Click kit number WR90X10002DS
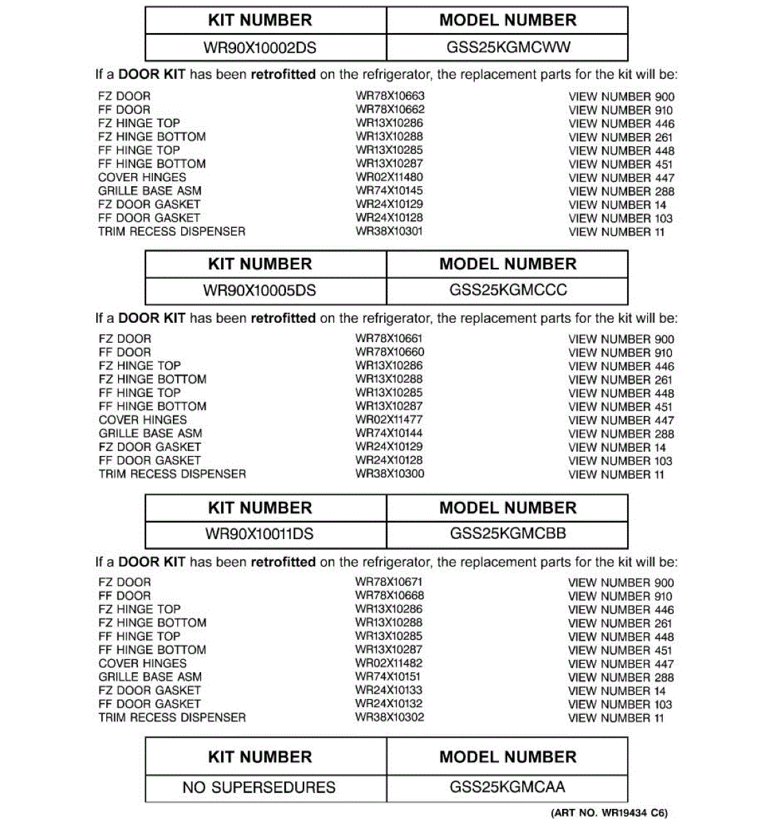tap(259, 48)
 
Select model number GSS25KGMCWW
tap(508, 48)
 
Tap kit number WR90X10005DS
tap(259, 290)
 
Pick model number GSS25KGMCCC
tap(508, 290)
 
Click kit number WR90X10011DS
tap(259, 534)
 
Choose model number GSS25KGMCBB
tap(508, 534)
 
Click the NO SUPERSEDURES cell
tap(259, 788)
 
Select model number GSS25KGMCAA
tap(508, 787)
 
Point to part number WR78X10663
tap(390, 96)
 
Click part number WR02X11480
tap(389, 177)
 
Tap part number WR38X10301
tap(389, 231)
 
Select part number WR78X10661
tap(389, 339)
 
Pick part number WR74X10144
tap(389, 433)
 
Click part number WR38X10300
tap(390, 474)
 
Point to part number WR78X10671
tap(389, 582)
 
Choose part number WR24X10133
tap(389, 690)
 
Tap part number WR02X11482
tap(389, 663)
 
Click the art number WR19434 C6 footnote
tap(609, 813)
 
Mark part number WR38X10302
tap(390, 718)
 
